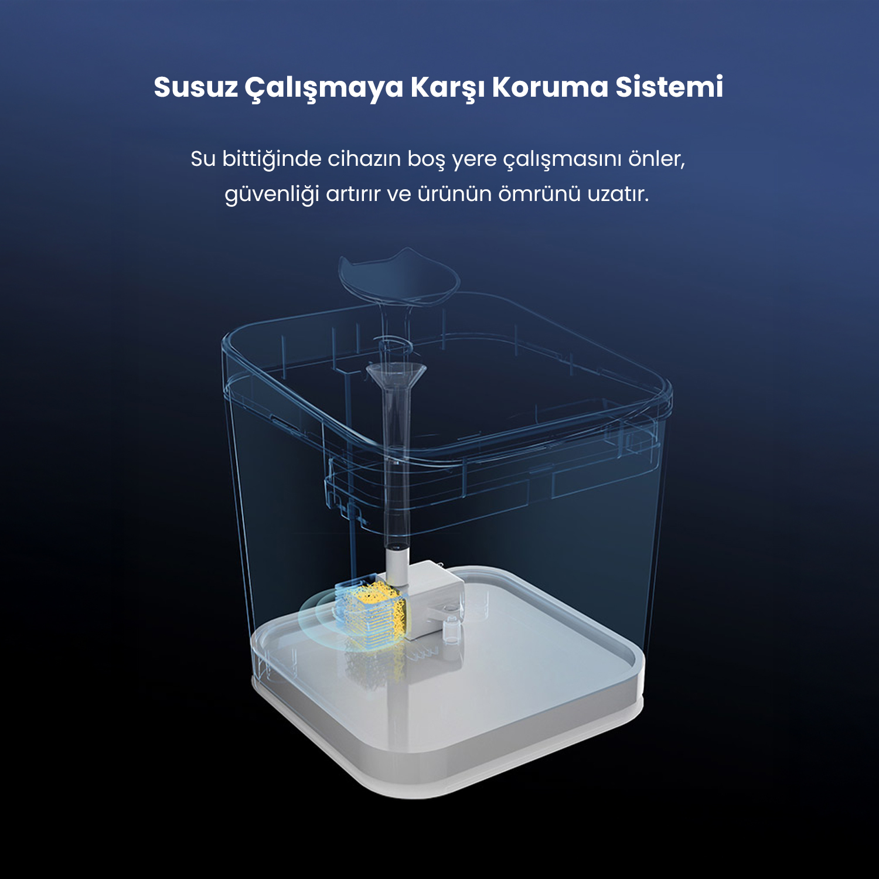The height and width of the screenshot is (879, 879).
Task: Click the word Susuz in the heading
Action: click(x=196, y=87)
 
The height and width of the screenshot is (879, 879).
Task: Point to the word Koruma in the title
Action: click(x=550, y=87)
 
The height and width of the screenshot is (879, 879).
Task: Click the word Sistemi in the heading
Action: click(x=669, y=87)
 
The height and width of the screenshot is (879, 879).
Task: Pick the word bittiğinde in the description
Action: click(x=272, y=159)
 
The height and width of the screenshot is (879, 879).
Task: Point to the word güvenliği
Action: click(x=272, y=195)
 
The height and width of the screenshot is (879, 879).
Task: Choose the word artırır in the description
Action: click(x=353, y=194)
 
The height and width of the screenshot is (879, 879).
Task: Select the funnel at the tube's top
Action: click(x=396, y=375)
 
